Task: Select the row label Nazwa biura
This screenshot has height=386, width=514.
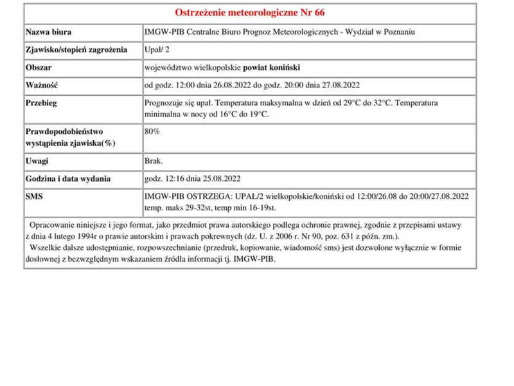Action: (x=48, y=32)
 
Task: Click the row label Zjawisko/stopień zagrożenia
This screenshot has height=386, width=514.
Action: (x=76, y=50)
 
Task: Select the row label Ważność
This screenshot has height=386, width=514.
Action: (x=42, y=85)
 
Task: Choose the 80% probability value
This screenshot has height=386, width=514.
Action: (x=152, y=131)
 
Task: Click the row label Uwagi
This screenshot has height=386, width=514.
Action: (x=37, y=161)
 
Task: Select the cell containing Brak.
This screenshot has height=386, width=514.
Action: (x=154, y=161)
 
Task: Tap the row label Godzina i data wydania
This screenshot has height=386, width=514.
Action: (x=67, y=179)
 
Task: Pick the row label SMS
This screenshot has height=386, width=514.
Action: (x=35, y=196)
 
